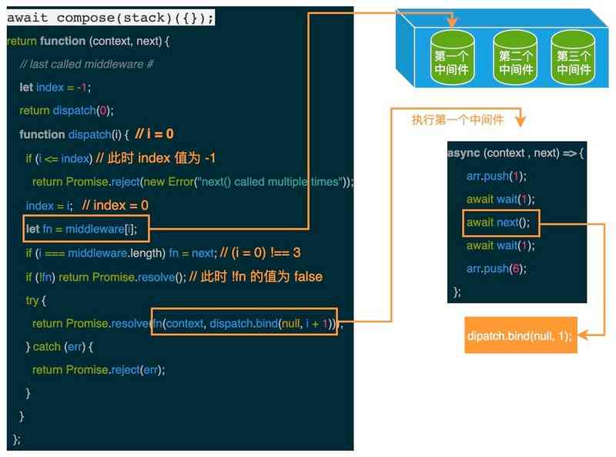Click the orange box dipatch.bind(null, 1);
(x=521, y=336)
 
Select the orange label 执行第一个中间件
(x=457, y=120)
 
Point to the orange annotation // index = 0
(x=115, y=206)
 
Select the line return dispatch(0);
(x=66, y=110)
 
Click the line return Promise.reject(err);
(x=99, y=370)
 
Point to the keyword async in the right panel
(x=463, y=153)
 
